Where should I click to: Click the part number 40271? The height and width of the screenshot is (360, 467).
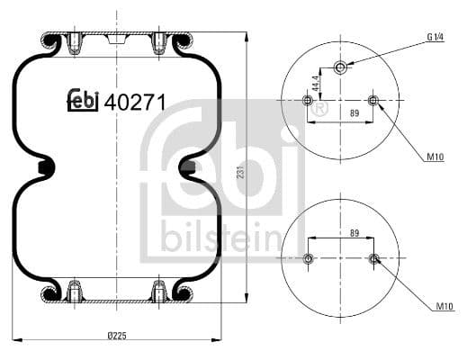[x=134, y=102]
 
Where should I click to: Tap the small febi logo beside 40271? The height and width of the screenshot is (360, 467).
[x=83, y=102]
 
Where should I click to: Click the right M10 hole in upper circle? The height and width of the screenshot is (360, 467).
[x=373, y=100]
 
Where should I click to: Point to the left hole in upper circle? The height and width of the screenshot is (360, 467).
[x=309, y=101]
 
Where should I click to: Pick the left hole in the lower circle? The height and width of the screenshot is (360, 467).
[x=309, y=259]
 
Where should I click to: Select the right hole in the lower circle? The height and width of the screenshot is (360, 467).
[x=374, y=260]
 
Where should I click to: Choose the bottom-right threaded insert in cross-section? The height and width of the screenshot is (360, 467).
[x=160, y=291]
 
